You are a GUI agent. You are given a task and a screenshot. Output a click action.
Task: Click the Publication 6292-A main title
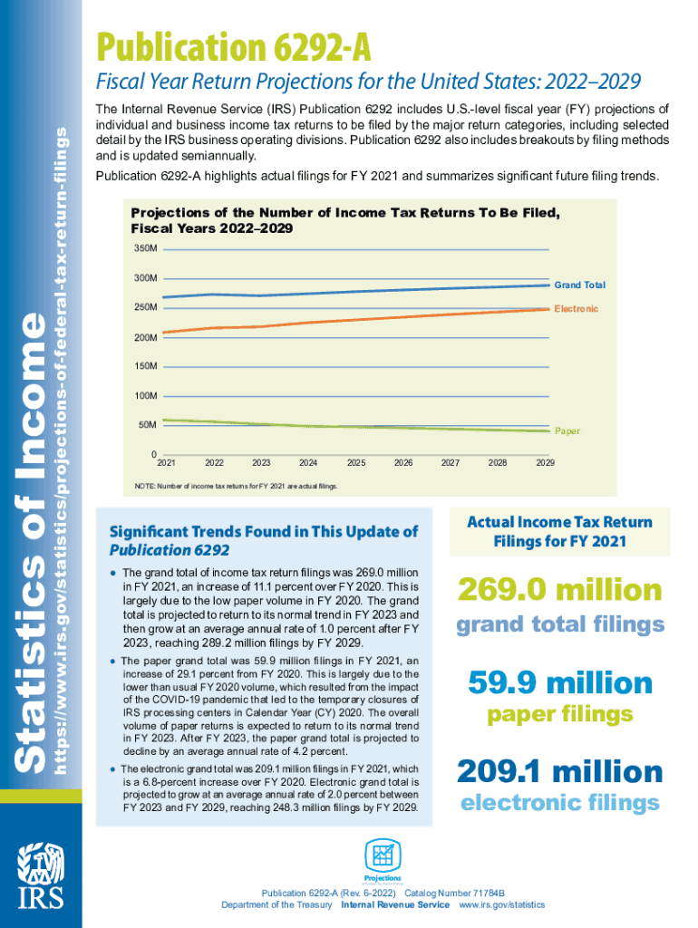pos(236,45)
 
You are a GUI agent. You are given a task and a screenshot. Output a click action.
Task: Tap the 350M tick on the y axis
pos(146,247)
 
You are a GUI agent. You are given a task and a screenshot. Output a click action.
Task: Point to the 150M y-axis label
pos(146,367)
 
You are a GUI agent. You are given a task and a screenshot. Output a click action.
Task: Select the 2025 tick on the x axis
pos(355,463)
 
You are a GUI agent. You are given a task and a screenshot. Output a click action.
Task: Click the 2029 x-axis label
pos(545,463)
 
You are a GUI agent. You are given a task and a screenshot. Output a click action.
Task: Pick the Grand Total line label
pos(579,285)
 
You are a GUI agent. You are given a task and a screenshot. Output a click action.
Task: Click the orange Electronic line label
pos(576,309)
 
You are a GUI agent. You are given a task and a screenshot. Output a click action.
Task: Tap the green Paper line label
pos(567,431)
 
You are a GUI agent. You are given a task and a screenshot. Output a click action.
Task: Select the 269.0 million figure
pos(559,590)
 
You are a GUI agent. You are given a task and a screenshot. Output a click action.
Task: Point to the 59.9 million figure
pos(559,682)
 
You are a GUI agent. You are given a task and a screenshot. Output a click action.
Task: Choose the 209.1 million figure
pos(559,772)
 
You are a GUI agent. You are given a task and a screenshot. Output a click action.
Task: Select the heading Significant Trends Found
pos(263,540)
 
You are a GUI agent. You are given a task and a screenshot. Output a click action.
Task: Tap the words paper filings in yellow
pos(559,715)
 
